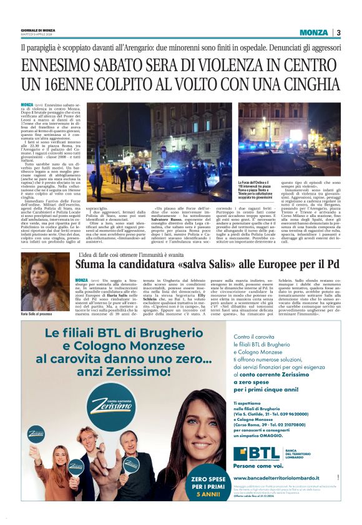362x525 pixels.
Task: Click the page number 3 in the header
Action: [338, 32]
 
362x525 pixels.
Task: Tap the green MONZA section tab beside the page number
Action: [313, 32]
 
